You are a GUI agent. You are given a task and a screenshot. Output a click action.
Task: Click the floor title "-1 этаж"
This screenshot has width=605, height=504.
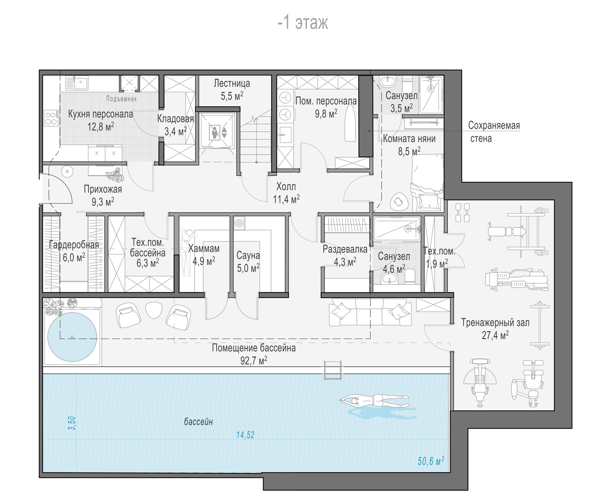[x=302, y=23]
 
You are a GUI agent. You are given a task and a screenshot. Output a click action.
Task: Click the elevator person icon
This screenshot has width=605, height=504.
[x=215, y=132]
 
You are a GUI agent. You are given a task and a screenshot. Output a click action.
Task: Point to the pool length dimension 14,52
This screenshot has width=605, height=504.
[x=245, y=435]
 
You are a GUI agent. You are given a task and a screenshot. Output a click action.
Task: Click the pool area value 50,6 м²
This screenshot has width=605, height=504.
[x=431, y=461]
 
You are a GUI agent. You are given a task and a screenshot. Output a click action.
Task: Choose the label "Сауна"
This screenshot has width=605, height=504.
[x=248, y=255]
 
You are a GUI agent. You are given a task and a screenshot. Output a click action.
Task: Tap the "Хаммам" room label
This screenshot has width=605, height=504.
[x=204, y=248]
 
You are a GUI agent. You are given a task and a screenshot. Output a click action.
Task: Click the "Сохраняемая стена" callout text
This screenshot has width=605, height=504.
[x=494, y=132]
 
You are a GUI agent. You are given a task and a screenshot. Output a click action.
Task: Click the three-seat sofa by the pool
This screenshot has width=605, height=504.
[x=371, y=312]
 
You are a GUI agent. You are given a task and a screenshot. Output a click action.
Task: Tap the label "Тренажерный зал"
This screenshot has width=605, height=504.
[x=495, y=322]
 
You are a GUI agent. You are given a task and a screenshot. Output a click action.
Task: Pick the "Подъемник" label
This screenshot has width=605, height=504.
[x=121, y=99]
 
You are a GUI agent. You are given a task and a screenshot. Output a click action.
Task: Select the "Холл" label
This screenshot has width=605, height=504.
[x=286, y=186]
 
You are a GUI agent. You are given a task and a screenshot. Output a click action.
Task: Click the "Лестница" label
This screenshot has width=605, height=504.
[x=232, y=83]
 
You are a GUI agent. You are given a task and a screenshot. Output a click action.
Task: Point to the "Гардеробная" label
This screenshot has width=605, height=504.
[x=74, y=245]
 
